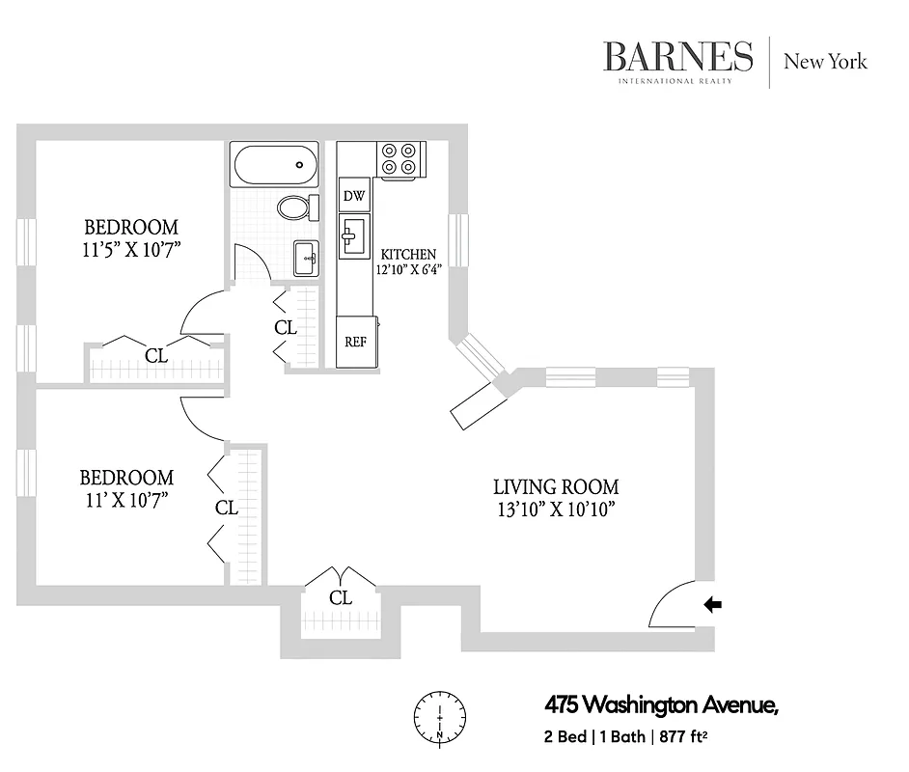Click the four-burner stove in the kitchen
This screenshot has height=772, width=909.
point(399,158)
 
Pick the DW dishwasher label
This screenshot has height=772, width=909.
point(354,197)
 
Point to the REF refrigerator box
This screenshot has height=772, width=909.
point(355,342)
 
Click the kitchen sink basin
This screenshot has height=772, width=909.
point(352,234)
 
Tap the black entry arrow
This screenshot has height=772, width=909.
point(714,605)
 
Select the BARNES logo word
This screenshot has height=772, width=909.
point(677,57)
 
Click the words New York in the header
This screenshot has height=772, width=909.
point(825,62)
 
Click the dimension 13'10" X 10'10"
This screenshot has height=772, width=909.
point(556,510)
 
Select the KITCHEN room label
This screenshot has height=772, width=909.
point(401,254)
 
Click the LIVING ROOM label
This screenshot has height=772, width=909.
point(556,487)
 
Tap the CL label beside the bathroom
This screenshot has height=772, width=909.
point(286,328)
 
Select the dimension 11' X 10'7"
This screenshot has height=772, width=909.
point(126,500)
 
